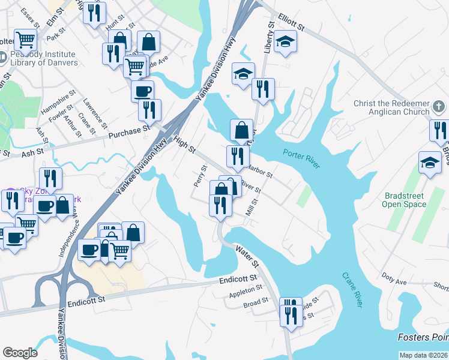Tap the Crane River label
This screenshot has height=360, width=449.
353,290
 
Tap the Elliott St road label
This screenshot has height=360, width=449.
292,23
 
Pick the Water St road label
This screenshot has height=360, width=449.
247,255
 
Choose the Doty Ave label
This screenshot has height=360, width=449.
394,281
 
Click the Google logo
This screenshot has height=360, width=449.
20,353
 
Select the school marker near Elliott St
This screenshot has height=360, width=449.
286,41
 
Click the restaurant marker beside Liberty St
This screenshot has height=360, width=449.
263,89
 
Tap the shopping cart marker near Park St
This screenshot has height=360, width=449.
26,40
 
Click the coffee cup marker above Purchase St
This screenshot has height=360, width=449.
142,92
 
